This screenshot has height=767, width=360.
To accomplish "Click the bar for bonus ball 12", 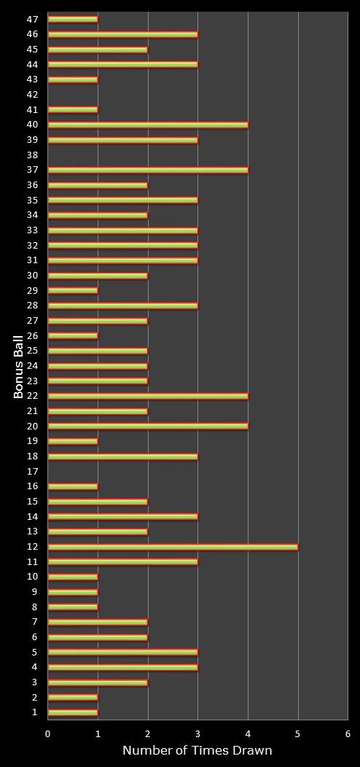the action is tap(173, 546).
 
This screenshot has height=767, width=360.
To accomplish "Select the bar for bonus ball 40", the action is tap(148, 125).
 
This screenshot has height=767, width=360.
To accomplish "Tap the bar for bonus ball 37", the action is tap(148, 170).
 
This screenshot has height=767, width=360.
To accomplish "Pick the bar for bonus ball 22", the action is tap(148, 396).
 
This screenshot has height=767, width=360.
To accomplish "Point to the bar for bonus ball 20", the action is tap(148, 426).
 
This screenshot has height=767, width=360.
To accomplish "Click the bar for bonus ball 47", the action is tap(73, 19).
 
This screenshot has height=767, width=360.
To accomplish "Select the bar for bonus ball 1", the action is tap(73, 712).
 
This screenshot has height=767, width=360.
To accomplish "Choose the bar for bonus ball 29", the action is tap(73, 291).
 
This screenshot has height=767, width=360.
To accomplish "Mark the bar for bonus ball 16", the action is tap(73, 486).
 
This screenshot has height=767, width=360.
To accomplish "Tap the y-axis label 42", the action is tap(33, 94).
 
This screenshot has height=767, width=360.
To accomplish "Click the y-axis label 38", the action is tap(33, 155).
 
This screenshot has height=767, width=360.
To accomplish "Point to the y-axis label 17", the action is tap(33, 471).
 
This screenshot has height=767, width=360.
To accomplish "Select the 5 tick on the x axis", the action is tap(298, 733).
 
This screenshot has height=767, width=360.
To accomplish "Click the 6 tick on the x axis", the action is tap(348, 733).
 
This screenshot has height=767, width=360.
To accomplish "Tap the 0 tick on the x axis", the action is tap(47, 733).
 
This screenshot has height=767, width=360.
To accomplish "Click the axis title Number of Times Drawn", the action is tap(197, 750).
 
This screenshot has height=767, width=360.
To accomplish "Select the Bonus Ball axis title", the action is tap(19, 367).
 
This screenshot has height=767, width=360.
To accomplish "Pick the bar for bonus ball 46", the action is tap(123, 34).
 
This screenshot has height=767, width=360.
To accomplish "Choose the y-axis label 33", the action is tap(33, 230).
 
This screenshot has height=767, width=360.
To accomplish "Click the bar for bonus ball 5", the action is tap(123, 652).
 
